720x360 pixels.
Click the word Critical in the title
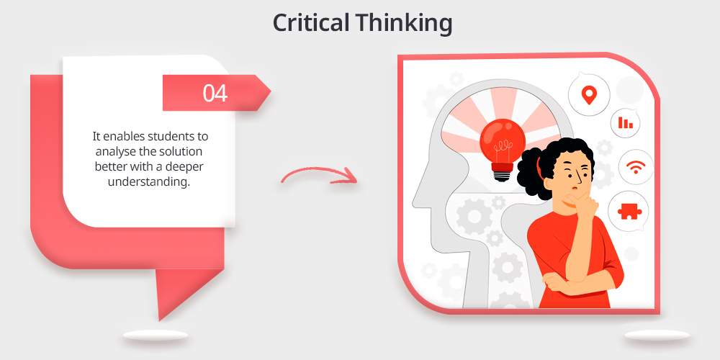(x=311, y=22)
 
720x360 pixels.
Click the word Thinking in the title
(x=404, y=24)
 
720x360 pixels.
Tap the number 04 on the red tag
(x=215, y=93)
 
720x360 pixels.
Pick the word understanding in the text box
(x=149, y=182)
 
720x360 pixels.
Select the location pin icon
(x=589, y=95)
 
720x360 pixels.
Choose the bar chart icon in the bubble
(x=626, y=122)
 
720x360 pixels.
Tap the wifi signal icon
(x=636, y=167)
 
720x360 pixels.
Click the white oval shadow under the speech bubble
(x=156, y=336)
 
